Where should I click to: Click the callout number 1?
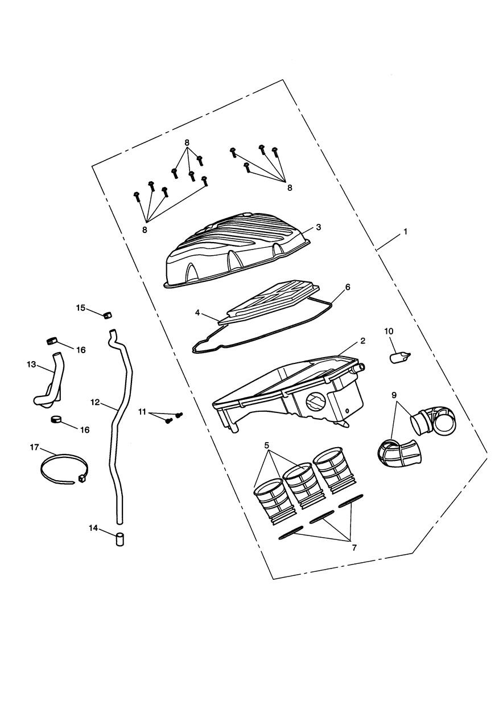[x=405, y=232]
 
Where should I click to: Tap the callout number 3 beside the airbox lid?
[x=319, y=227]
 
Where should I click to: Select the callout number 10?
[x=389, y=331]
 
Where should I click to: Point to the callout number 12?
[x=95, y=402]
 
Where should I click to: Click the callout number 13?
[x=31, y=365]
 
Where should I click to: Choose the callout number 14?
[x=93, y=528]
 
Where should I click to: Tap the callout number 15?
[x=81, y=308]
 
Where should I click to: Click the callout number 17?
[x=34, y=447]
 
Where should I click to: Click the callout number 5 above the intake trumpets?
[x=267, y=445]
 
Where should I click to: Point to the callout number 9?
[x=394, y=395]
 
